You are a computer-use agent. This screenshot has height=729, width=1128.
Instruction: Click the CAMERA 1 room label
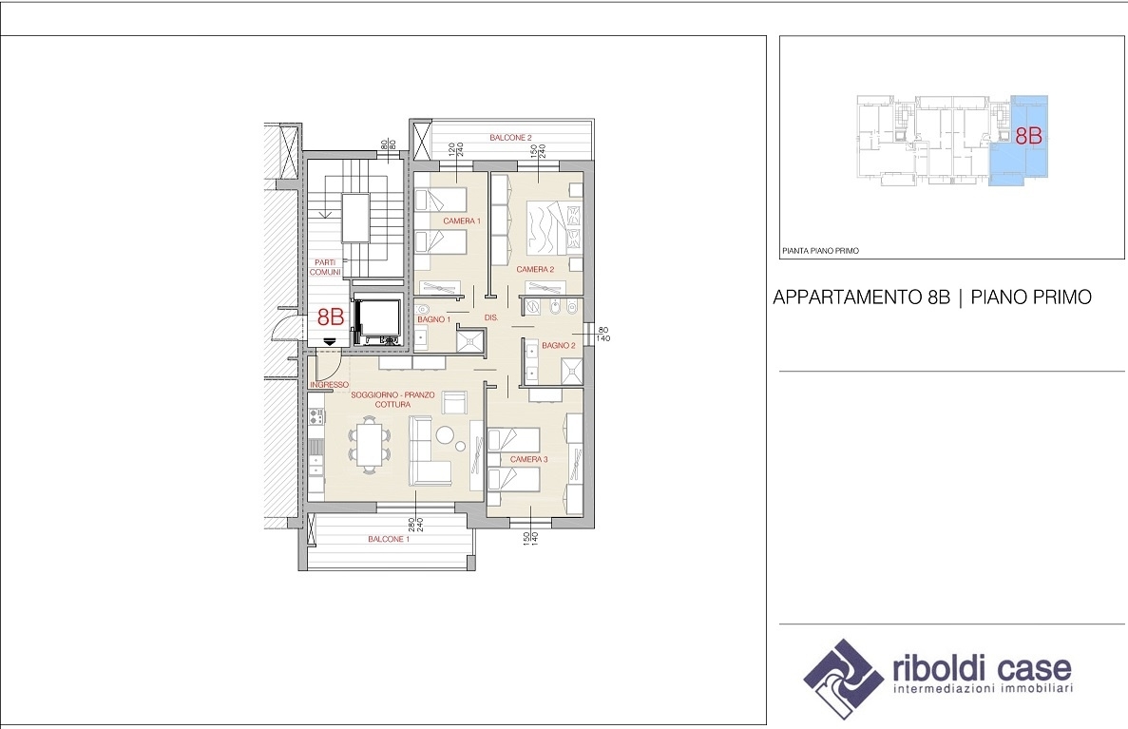tap(462, 221)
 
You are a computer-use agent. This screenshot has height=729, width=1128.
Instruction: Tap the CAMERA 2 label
tap(535, 269)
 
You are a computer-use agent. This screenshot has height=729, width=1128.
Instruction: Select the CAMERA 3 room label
tap(528, 459)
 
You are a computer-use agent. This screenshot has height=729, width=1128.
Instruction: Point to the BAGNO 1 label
tap(433, 319)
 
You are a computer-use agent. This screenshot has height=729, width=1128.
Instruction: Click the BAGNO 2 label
tap(558, 345)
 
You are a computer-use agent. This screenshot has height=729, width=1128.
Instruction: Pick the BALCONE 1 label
tap(389, 539)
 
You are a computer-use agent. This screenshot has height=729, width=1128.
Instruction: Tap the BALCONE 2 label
tap(510, 138)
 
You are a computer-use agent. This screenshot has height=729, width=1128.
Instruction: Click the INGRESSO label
tap(329, 385)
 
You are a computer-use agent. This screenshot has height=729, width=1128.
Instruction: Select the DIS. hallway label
tap(491, 317)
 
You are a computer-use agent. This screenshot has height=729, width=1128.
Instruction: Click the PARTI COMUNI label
tap(325, 267)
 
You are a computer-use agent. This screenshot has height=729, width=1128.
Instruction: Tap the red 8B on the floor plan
tap(331, 317)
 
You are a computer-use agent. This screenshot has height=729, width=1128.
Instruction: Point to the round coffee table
tap(446, 435)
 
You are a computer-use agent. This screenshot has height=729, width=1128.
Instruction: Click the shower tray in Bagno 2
tap(572, 371)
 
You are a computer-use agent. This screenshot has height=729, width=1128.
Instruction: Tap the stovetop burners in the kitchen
tap(315, 415)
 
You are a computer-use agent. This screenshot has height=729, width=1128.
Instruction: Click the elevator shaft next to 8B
tap(378, 322)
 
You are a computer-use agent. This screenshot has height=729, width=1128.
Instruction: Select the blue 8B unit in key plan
tap(1020, 141)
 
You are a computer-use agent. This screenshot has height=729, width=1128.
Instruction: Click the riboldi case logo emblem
tap(843, 679)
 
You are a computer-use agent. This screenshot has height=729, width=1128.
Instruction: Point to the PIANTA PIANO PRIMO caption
tap(820, 251)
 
